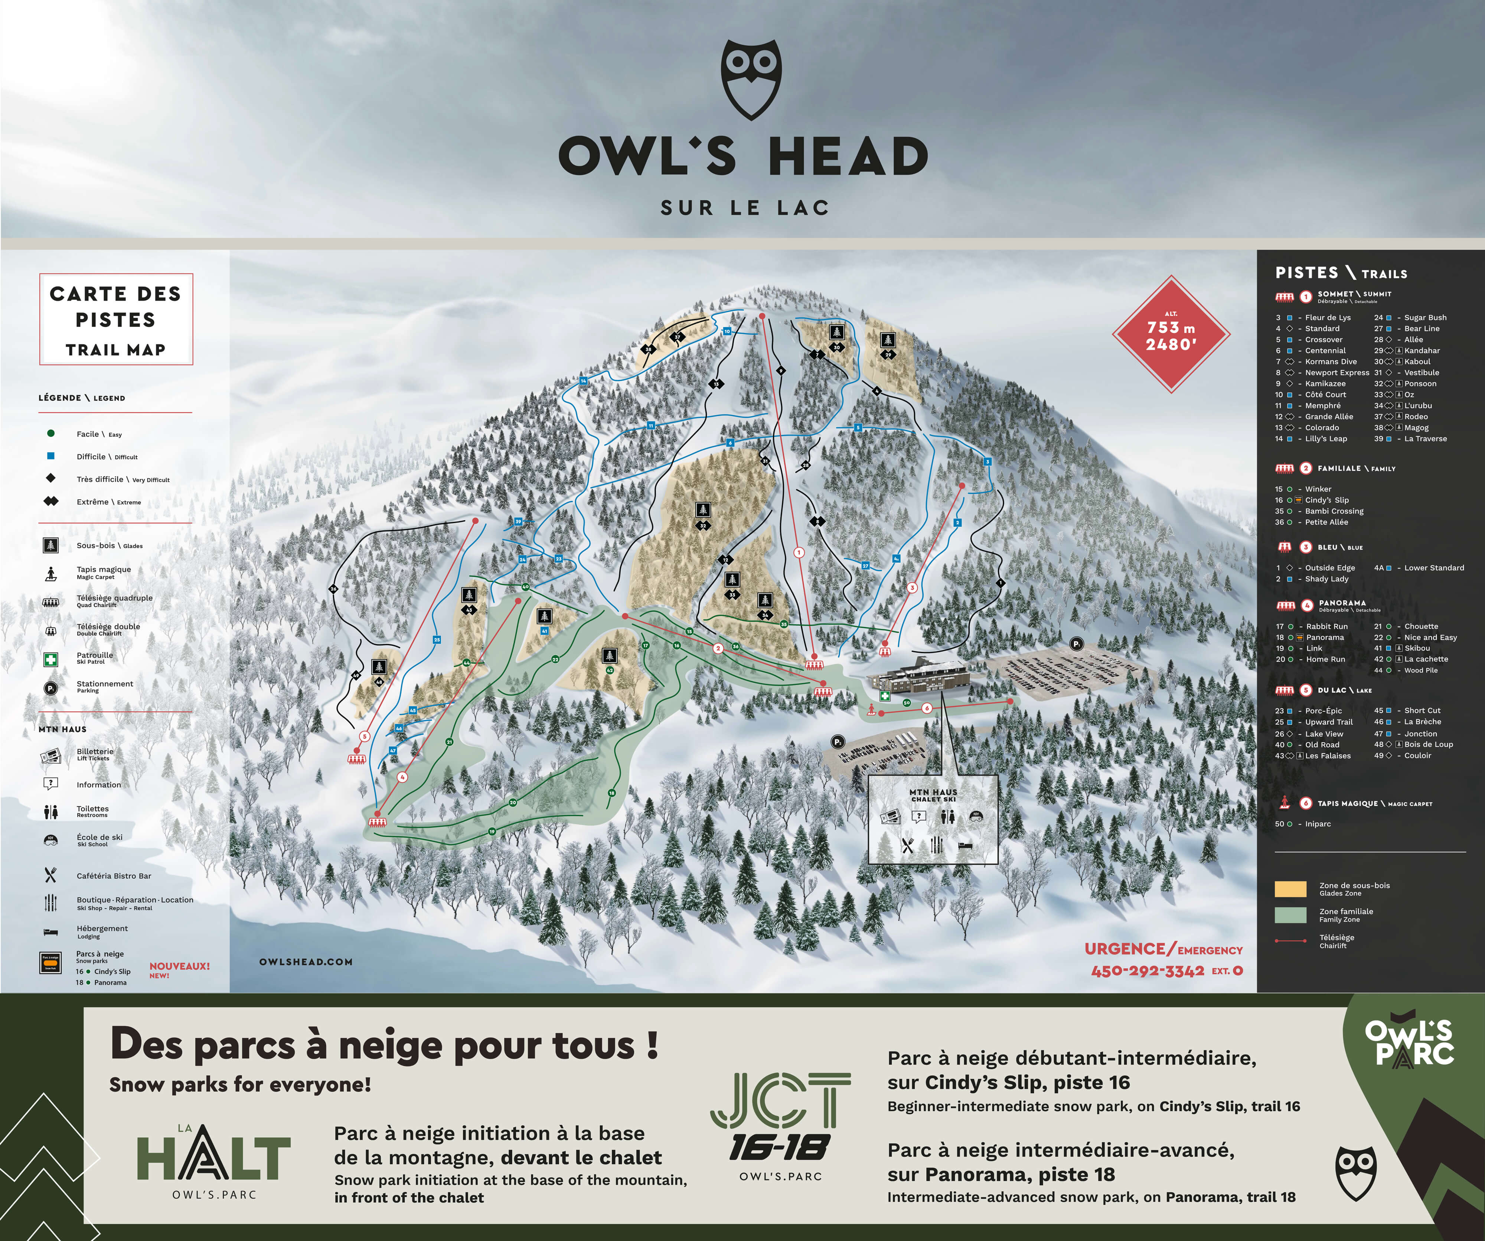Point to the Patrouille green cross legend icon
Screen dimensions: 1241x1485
pyautogui.click(x=50, y=660)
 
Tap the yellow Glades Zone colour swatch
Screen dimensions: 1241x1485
pyautogui.click(x=1290, y=889)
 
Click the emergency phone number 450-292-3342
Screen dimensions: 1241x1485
pyautogui.click(x=1147, y=971)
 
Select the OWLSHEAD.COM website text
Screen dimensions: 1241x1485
pyautogui.click(x=306, y=962)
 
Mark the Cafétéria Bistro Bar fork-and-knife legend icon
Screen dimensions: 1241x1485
pyautogui.click(x=50, y=875)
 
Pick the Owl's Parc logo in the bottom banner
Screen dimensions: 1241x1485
pyautogui.click(x=1409, y=1043)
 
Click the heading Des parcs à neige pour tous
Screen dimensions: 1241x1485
pyautogui.click(x=384, y=1046)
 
